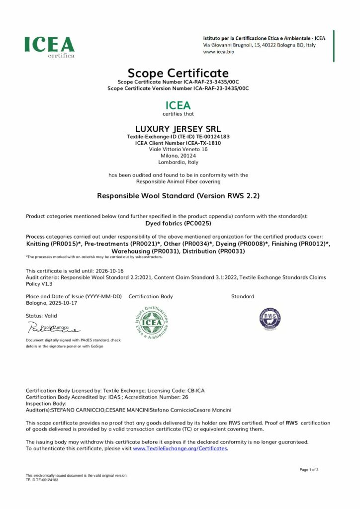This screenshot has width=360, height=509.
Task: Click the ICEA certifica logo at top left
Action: [x=50, y=47]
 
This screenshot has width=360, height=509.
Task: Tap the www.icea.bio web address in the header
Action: [x=219, y=51]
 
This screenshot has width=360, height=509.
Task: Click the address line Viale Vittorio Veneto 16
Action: [x=178, y=149]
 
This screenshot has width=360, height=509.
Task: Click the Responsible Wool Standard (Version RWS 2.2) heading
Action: [x=178, y=196]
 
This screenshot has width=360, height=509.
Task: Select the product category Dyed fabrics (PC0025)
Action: [x=178, y=224]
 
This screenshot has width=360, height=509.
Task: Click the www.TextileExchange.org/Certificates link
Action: [x=180, y=448]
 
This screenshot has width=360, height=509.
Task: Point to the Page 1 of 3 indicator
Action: [x=309, y=470]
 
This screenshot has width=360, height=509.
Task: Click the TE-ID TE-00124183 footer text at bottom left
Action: [x=42, y=480]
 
